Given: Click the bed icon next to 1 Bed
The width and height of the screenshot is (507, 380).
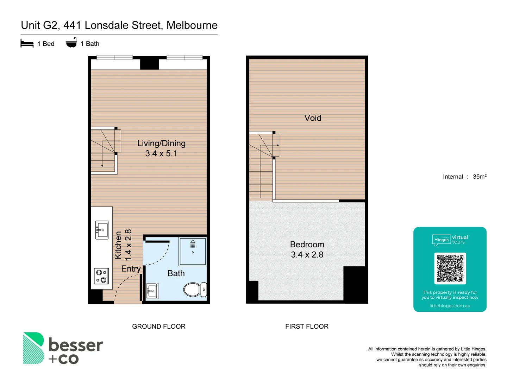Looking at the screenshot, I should click(27, 44).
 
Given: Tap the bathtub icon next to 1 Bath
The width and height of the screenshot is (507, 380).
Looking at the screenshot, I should click(71, 43).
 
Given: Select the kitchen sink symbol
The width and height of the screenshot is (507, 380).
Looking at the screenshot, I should click(102, 230).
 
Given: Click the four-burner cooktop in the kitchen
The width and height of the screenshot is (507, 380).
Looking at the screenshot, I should click(101, 276).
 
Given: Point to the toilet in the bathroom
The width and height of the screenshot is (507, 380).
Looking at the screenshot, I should click(194, 290).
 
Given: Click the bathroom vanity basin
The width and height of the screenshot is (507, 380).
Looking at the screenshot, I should click(152, 291).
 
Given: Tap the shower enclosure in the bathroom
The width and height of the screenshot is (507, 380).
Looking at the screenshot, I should click(193, 251).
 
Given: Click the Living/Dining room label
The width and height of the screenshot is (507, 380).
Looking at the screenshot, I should click(161, 148).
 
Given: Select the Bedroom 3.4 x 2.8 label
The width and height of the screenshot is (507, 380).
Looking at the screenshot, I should click(307, 249).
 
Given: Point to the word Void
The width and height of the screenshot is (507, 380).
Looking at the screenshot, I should click(313, 118).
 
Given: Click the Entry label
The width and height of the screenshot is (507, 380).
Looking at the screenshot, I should click(131, 269).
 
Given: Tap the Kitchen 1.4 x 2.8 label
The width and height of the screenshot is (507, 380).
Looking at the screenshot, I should click(123, 245).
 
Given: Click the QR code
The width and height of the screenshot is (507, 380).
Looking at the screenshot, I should click(450, 268).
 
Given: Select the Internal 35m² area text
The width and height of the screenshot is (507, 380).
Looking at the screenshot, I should click(464, 177).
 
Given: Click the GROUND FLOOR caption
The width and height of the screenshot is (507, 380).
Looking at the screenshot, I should click(158, 327).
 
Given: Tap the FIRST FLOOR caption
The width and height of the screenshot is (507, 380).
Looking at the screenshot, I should click(307, 327).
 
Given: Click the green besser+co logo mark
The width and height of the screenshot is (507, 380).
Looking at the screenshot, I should click(33, 348).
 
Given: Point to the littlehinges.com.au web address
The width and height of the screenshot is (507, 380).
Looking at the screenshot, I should click(450, 306).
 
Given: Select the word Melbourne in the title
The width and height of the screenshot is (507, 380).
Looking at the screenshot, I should click(192, 25).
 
